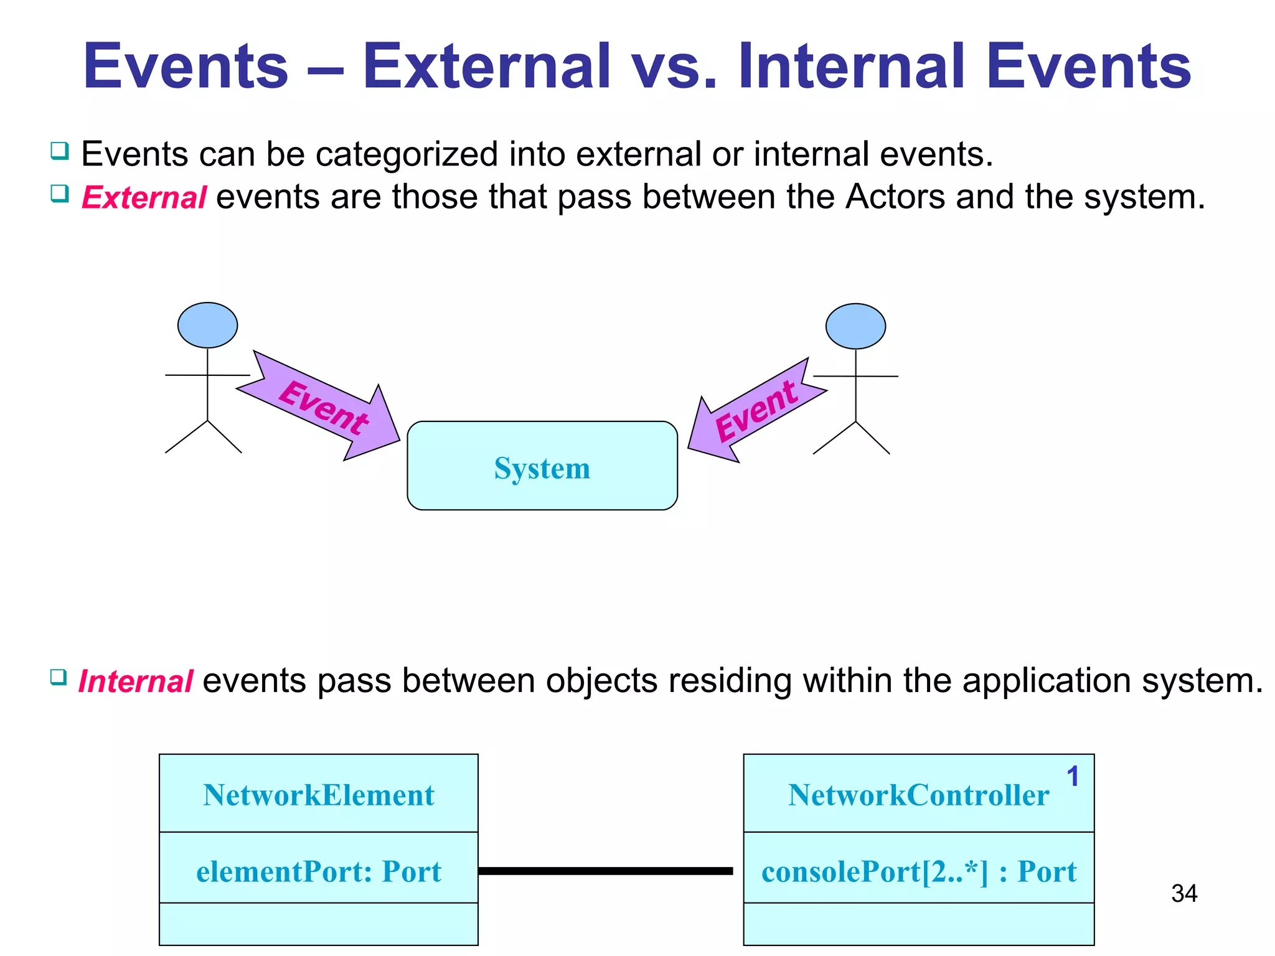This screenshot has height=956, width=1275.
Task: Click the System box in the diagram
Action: pyautogui.click(x=542, y=467)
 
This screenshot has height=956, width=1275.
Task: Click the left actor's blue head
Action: pyautogui.click(x=207, y=325)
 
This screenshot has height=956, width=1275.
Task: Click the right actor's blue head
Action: pyautogui.click(x=855, y=326)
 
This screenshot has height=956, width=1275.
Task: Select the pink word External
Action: pyautogui.click(x=144, y=198)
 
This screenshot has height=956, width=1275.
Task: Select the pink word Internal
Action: pyautogui.click(x=135, y=681)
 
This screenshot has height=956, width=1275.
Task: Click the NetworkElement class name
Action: pyautogui.click(x=318, y=795)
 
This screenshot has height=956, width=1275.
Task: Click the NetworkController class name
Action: pyautogui.click(x=918, y=795)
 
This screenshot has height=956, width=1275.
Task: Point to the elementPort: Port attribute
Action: pyautogui.click(x=318, y=871)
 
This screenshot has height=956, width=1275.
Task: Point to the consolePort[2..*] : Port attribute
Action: pyautogui.click(x=918, y=871)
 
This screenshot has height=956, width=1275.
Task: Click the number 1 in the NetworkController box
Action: pyautogui.click(x=1072, y=776)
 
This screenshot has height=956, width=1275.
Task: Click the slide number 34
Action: pyautogui.click(x=1183, y=894)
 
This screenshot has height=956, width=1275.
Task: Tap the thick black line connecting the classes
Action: pyautogui.click(x=605, y=871)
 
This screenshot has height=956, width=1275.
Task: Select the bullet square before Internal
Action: pyautogui.click(x=59, y=677)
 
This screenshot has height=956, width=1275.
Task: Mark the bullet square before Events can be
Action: pyautogui.click(x=60, y=151)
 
